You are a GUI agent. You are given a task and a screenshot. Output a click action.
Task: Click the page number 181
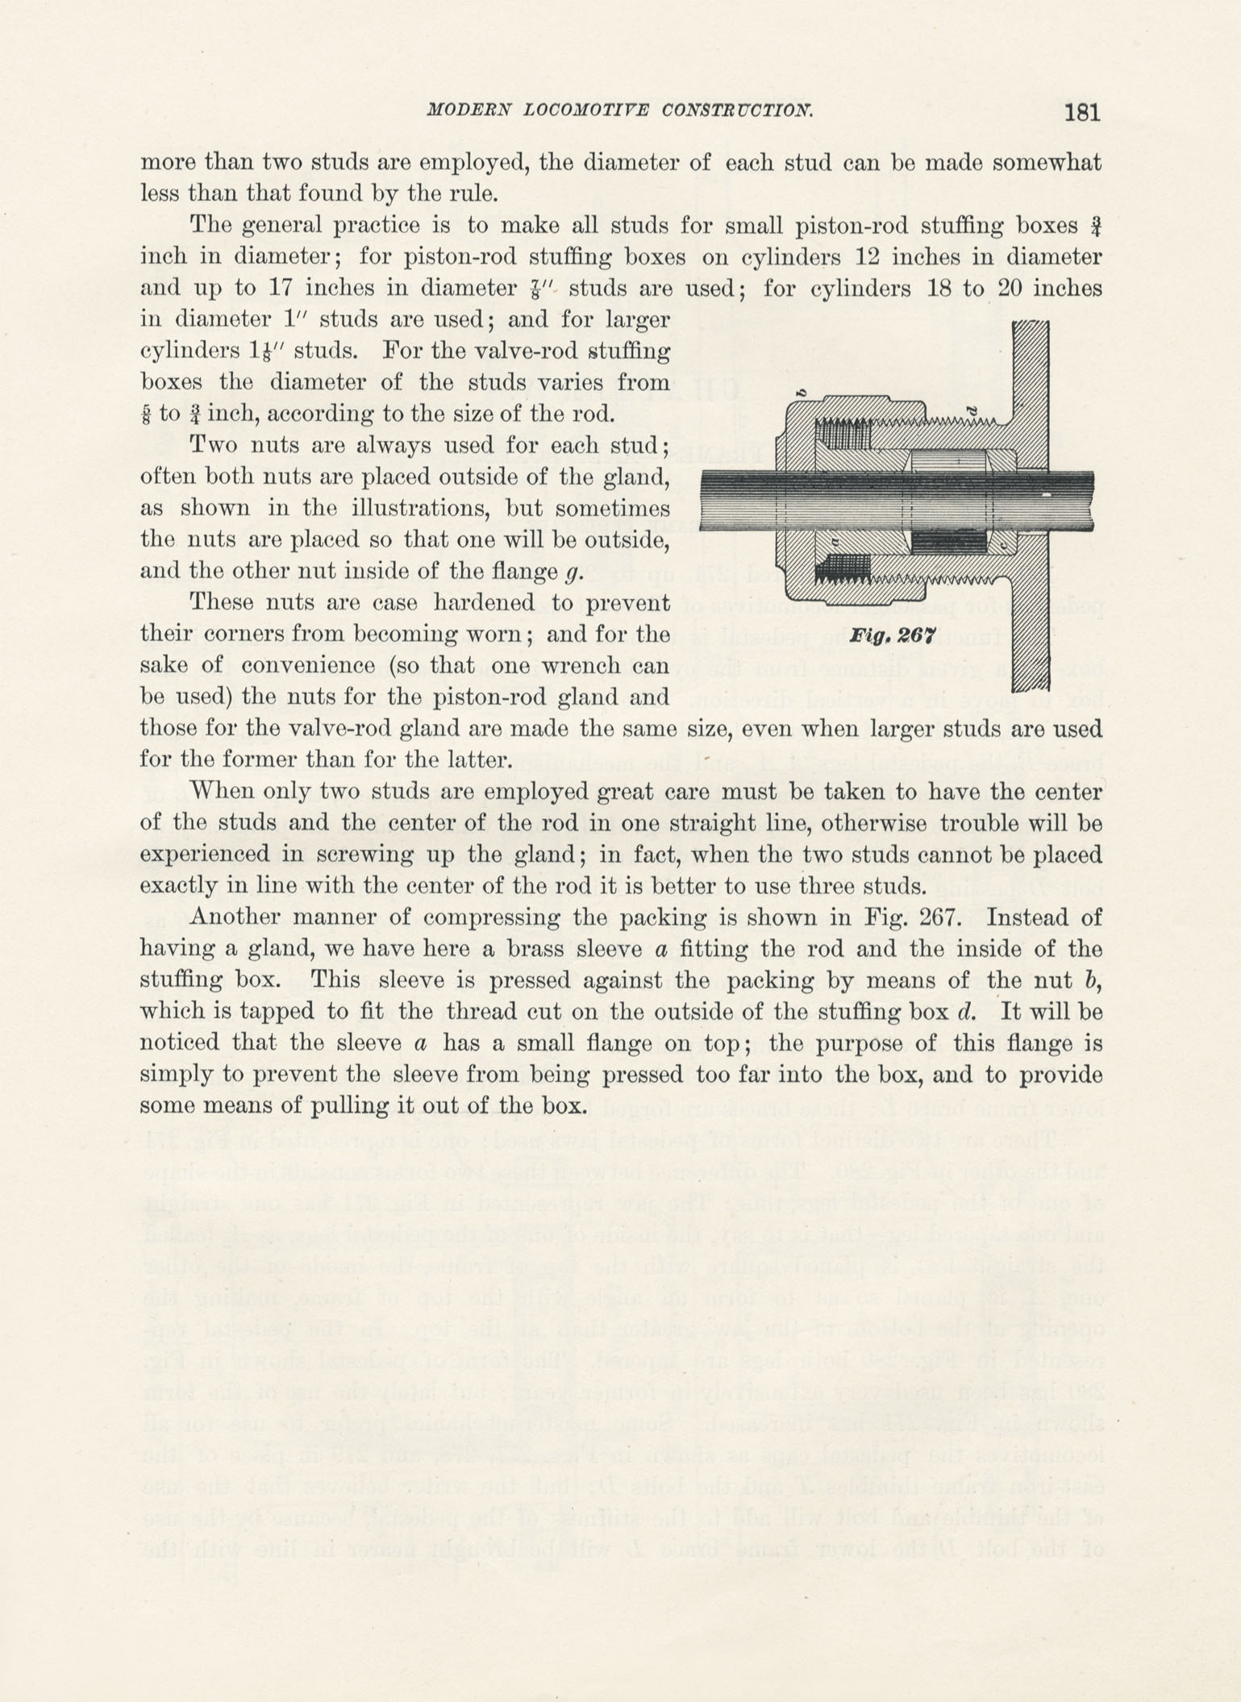(x=1081, y=112)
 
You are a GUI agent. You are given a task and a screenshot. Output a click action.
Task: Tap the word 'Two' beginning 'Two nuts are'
(x=213, y=446)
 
